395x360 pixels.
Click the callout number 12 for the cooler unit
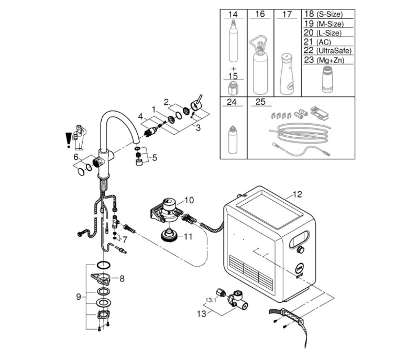[x=297, y=194]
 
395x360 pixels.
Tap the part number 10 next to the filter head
[x=189, y=200]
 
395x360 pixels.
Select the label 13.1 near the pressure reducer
[x=211, y=300]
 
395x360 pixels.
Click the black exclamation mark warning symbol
[x=68, y=140]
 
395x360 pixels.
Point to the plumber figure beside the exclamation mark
[x=79, y=137]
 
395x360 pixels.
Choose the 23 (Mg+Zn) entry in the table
[x=324, y=60]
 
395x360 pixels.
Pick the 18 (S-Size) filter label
[x=323, y=14]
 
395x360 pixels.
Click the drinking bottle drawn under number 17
[x=287, y=74]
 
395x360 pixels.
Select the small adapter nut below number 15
[x=233, y=88]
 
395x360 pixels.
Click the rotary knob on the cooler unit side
[x=300, y=250]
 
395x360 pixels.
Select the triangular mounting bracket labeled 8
[x=101, y=279]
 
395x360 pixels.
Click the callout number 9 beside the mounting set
[x=79, y=297]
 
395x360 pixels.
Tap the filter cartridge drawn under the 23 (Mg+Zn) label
[x=327, y=79]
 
